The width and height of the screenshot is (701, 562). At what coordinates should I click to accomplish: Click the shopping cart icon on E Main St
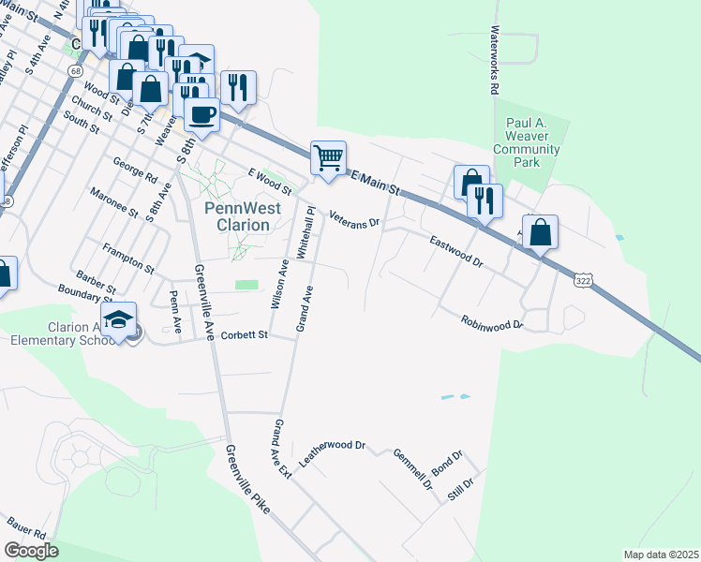328,157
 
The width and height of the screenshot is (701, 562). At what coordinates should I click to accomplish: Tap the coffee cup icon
201,115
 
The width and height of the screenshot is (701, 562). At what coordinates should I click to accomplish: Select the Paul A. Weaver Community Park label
526,142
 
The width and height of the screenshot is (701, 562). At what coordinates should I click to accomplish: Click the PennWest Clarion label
238,217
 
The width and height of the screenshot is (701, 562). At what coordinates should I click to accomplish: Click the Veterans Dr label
354,218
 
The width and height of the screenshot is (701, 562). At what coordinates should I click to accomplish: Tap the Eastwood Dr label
455,252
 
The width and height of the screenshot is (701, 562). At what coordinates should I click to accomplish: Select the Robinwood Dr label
491,322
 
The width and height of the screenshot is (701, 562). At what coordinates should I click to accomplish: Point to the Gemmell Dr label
412,469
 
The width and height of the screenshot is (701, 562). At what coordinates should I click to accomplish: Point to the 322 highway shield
583,279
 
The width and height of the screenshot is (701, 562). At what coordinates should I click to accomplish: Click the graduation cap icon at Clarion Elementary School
119,319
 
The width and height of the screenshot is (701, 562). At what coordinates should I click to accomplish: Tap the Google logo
31,551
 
